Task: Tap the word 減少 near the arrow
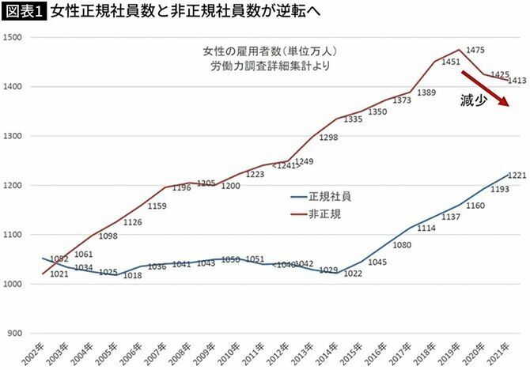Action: pos(472,100)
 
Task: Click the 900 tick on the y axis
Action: pos(16,334)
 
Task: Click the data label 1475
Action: pos(475,50)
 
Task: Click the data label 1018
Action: pos(133,275)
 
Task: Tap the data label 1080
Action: pos(402,245)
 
